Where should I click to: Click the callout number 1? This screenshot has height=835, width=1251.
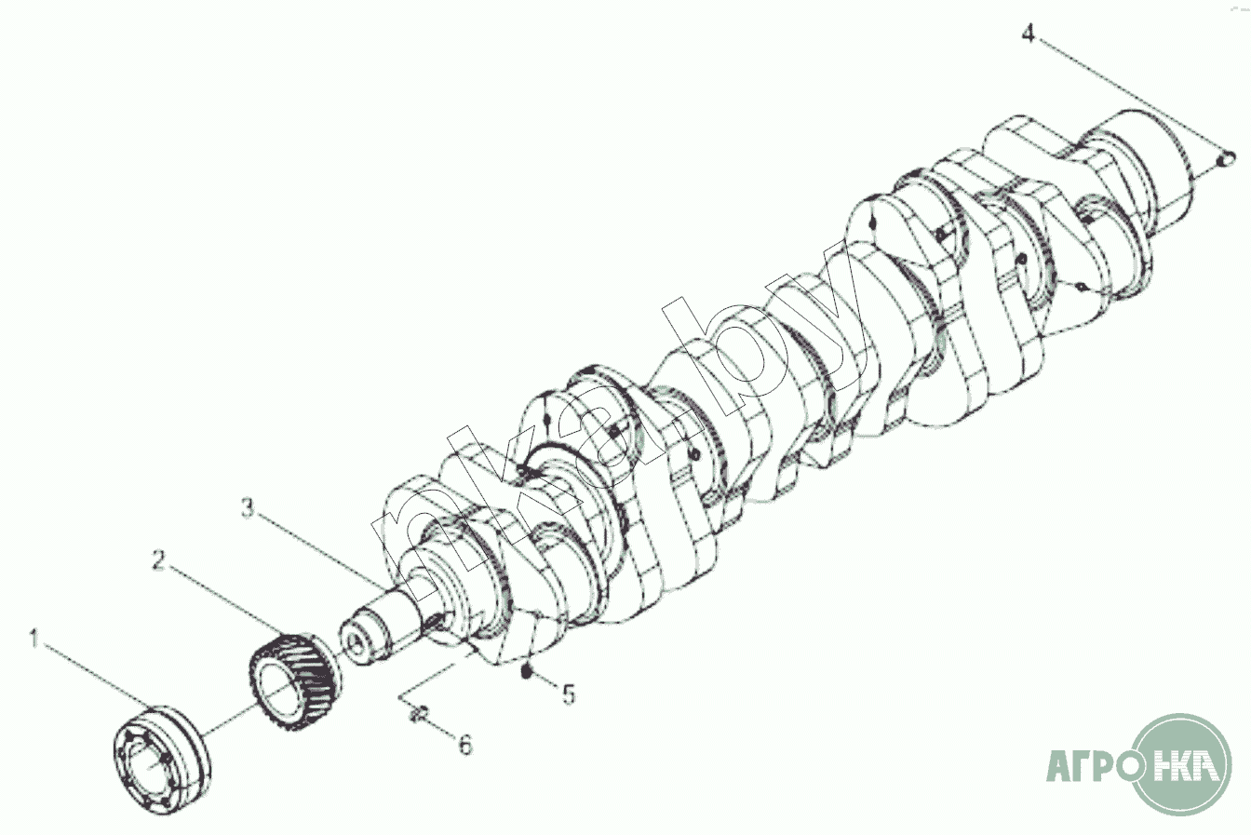[35, 639]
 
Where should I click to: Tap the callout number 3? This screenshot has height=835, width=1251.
[248, 507]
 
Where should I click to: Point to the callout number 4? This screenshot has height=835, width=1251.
[1029, 33]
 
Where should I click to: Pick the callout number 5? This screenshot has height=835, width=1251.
[569, 694]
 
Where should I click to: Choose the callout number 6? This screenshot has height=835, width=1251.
[465, 745]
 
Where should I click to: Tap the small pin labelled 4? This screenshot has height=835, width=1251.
[1227, 159]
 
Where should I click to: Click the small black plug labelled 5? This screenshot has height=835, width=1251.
[526, 672]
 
